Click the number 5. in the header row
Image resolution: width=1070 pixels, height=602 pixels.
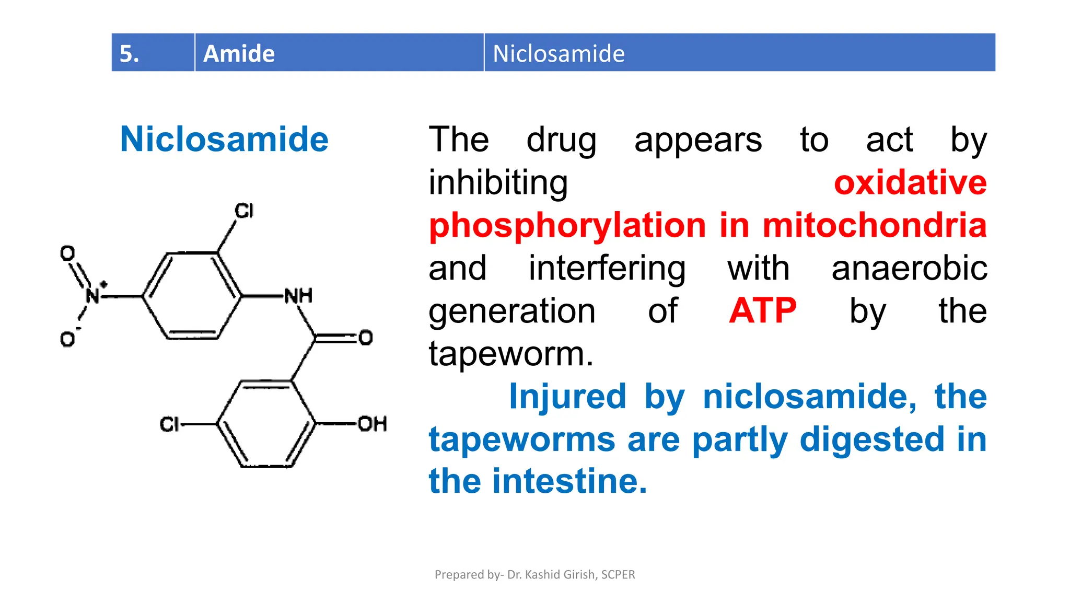coord(130,53)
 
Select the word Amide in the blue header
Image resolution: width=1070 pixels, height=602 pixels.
coord(239,53)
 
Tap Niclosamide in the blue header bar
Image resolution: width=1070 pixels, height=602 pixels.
coord(559,53)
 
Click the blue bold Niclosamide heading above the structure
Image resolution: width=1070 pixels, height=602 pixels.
coord(224,140)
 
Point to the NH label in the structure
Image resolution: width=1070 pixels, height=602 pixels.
coord(298,296)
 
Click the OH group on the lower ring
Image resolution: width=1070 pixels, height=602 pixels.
coord(372,423)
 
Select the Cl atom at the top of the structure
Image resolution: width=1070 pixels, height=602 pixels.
coord(244,211)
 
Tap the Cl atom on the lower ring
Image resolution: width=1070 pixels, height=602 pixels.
coord(169,424)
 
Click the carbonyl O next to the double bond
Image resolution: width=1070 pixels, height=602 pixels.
coord(366,338)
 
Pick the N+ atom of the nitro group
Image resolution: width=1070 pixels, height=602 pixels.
coord(93,295)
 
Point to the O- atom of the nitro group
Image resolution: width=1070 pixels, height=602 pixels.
coord(68,339)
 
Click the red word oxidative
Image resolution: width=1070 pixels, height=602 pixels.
coord(910,183)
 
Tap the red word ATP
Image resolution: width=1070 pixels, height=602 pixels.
coord(762,311)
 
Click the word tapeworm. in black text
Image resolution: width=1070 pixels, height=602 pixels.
coord(510,354)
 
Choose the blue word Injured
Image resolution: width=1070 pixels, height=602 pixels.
coord(567,396)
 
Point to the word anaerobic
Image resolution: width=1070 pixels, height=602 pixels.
coord(909,268)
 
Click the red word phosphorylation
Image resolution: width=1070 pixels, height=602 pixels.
coord(567,226)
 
